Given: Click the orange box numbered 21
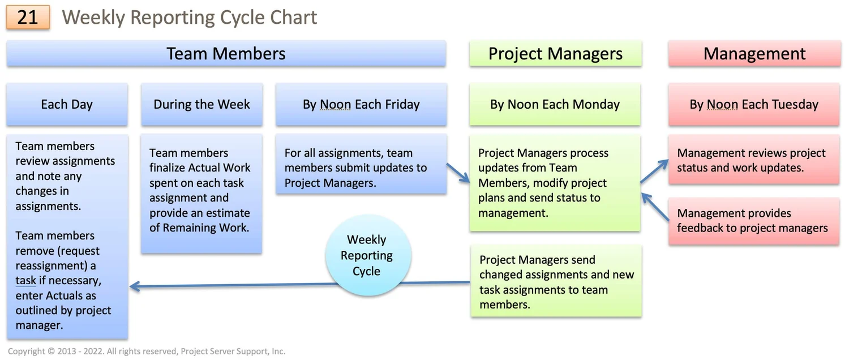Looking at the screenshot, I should [28, 18].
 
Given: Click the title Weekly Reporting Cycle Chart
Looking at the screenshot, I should [190, 18].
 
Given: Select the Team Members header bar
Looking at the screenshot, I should [226, 54].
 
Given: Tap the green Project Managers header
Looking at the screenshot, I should [555, 54].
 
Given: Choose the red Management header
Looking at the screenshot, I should [754, 54].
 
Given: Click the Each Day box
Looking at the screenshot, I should [67, 105].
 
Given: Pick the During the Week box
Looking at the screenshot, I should [201, 105].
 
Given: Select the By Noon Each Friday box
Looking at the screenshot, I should [361, 105].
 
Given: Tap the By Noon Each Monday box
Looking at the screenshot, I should [555, 105].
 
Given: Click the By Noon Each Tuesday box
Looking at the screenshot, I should [754, 105].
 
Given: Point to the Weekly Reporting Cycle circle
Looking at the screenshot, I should [367, 255].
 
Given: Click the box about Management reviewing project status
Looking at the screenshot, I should [753, 161].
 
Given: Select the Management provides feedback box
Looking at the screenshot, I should [753, 221].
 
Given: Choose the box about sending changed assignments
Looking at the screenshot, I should [556, 282].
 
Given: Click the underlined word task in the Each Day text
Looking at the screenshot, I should [26, 281].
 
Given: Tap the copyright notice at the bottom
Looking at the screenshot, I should [147, 352].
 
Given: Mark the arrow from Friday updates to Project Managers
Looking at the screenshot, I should [458, 173].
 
